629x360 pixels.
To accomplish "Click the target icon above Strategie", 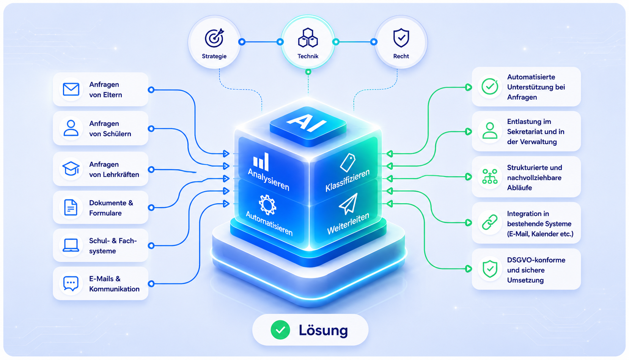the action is click(x=214, y=38).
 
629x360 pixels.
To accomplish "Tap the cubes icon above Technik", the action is click(x=308, y=38).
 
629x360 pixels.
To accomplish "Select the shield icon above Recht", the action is click(x=401, y=38).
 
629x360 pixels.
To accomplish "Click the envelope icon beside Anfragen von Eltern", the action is click(x=71, y=89).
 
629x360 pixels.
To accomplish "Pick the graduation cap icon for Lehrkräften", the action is click(x=71, y=168).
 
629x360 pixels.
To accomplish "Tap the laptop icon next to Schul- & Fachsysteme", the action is click(x=71, y=245).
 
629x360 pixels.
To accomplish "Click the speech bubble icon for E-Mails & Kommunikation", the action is click(x=71, y=284).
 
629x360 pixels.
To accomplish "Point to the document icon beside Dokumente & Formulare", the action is click(x=71, y=208).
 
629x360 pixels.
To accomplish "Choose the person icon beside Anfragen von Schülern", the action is click(x=71, y=128).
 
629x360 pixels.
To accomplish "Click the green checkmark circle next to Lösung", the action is click(x=280, y=330).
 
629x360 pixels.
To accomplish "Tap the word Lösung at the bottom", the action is click(x=323, y=330).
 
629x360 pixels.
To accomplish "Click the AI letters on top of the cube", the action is click(x=307, y=123).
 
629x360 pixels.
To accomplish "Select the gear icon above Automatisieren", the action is click(x=267, y=205).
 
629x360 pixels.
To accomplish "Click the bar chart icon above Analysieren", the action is click(x=261, y=162).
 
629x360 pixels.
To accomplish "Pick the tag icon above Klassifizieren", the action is click(x=348, y=162).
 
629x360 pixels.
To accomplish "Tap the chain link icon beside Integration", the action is click(x=490, y=223).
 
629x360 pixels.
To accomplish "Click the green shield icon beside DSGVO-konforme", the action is click(x=490, y=269).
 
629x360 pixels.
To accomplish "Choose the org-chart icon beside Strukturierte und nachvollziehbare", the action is click(x=490, y=176).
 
